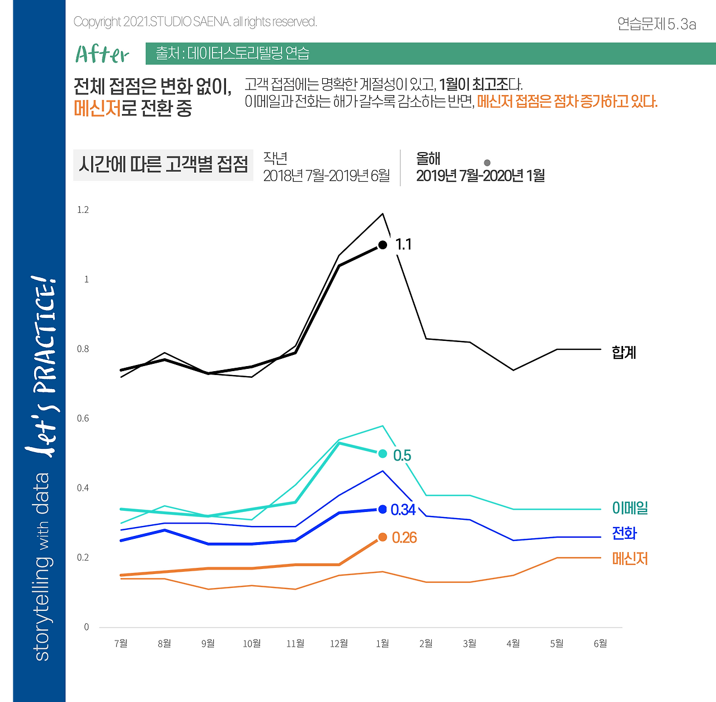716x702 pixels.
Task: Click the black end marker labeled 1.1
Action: tap(383, 245)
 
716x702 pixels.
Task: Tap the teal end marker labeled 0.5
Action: tap(383, 453)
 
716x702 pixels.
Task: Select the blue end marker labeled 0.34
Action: tap(383, 509)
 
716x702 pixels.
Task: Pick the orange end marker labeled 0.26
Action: tap(383, 537)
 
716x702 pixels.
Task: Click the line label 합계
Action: tap(624, 352)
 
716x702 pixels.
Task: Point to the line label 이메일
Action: tap(630, 508)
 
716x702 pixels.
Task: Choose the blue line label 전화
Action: tap(624, 533)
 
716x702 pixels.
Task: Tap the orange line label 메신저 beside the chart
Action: tap(630, 558)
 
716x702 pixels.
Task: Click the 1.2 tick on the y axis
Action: tap(83, 210)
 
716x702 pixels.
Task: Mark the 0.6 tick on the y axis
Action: tap(83, 419)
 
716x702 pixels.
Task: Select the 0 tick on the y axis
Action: tap(86, 627)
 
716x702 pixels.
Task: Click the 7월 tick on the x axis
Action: tap(121, 643)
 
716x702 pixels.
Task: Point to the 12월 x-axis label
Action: tap(339, 643)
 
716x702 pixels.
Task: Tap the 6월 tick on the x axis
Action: tap(600, 643)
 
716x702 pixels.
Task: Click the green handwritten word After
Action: tap(102, 54)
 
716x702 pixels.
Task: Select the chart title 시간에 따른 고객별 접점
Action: tap(163, 164)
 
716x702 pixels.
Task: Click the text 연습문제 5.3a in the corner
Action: tap(657, 24)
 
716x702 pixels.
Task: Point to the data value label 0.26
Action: tap(404, 538)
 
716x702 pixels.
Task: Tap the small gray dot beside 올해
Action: tap(487, 163)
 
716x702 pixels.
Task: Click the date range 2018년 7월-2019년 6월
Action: tap(327, 175)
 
